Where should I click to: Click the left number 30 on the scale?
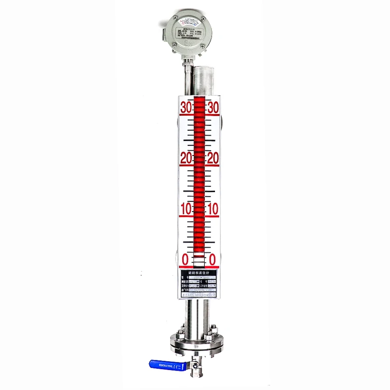(186, 109)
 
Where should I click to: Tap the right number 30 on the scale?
(213, 109)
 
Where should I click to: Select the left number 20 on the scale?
(186, 159)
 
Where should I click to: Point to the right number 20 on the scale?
(213, 159)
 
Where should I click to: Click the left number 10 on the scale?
(186, 209)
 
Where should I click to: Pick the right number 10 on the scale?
(213, 209)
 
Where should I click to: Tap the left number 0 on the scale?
(185, 258)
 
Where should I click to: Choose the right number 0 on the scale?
(213, 258)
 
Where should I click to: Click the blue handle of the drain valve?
(164, 363)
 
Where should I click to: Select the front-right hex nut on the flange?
(209, 336)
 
